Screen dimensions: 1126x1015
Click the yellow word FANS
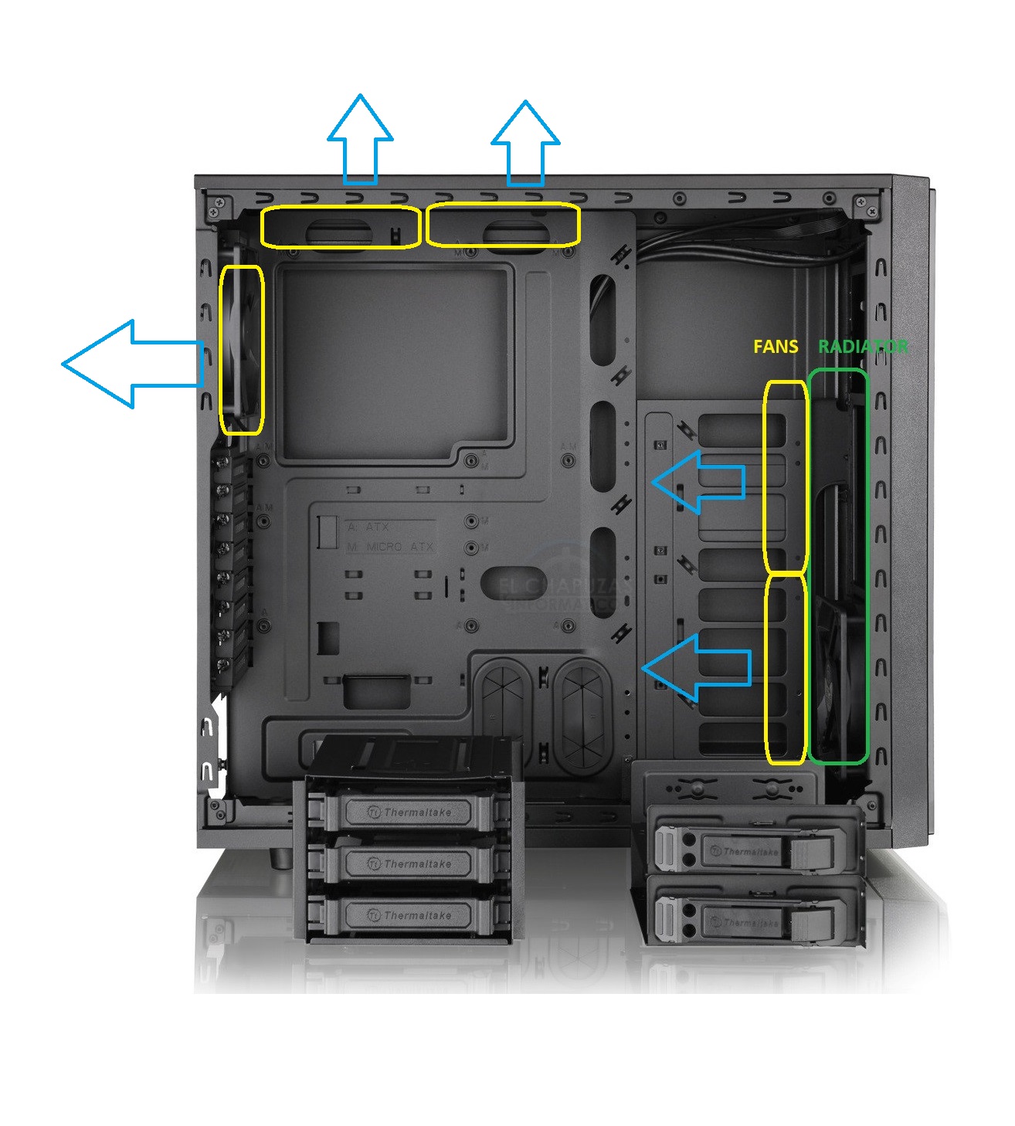(x=776, y=347)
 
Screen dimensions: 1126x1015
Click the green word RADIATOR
(x=863, y=347)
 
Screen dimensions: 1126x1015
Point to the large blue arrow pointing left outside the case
(x=131, y=364)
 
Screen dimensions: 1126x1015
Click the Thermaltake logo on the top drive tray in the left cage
(x=409, y=812)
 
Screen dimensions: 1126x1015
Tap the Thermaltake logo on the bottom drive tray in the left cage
(x=409, y=915)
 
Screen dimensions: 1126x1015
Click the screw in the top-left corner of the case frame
(x=217, y=205)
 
